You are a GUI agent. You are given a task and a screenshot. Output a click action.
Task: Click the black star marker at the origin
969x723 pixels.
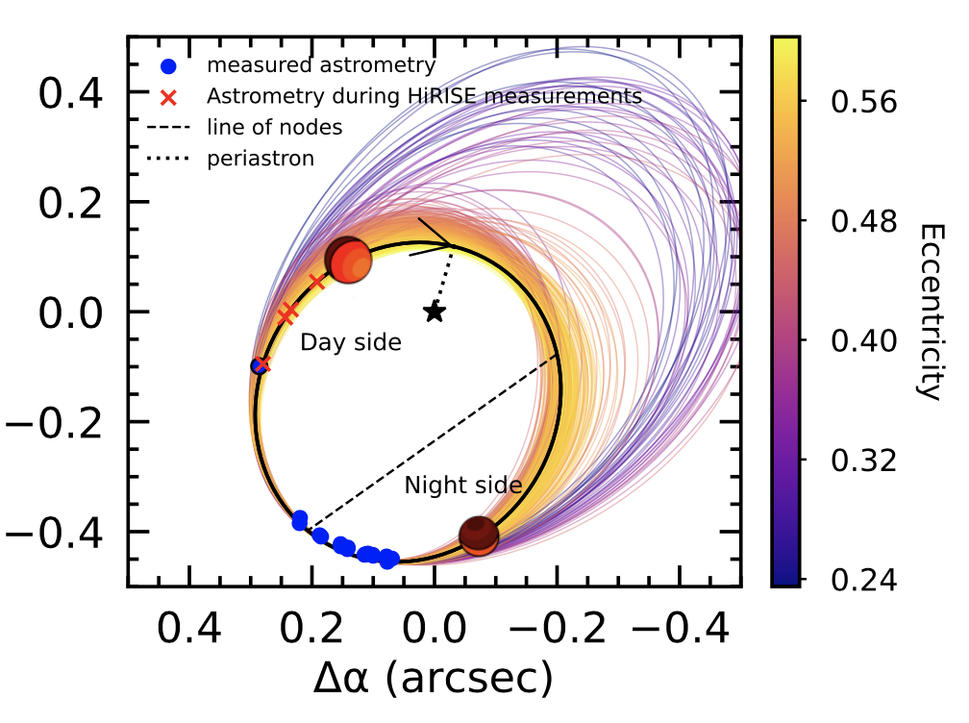435,312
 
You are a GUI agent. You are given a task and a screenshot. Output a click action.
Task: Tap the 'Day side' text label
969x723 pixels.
350,342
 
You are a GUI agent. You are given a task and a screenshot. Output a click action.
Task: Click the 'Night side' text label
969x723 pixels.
462,486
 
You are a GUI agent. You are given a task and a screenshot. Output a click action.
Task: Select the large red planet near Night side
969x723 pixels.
478,536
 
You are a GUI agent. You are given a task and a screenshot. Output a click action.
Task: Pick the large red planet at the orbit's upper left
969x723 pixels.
348,259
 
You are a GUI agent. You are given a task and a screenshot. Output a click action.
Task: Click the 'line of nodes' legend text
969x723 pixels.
274,128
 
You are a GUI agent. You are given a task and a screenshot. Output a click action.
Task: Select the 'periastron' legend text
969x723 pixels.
261,159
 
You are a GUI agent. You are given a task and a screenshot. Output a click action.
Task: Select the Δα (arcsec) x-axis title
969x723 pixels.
433,679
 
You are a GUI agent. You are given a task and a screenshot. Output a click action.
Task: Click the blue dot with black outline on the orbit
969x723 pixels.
258,365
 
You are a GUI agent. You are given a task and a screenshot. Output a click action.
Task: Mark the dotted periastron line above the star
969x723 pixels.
443,279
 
